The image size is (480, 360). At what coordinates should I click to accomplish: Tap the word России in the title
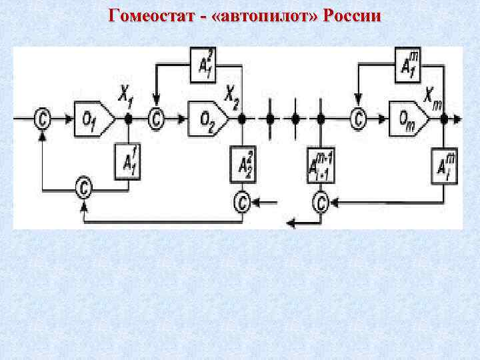(x=352, y=16)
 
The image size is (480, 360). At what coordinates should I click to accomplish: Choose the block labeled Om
(x=409, y=118)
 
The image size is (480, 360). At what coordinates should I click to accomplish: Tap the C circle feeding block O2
(x=157, y=119)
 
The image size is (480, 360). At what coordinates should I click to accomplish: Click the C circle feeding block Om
(x=359, y=119)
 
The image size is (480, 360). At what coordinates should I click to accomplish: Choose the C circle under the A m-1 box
(x=321, y=201)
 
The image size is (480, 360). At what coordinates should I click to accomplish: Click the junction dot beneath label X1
(x=127, y=119)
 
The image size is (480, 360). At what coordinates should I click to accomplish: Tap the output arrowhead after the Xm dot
(x=457, y=119)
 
